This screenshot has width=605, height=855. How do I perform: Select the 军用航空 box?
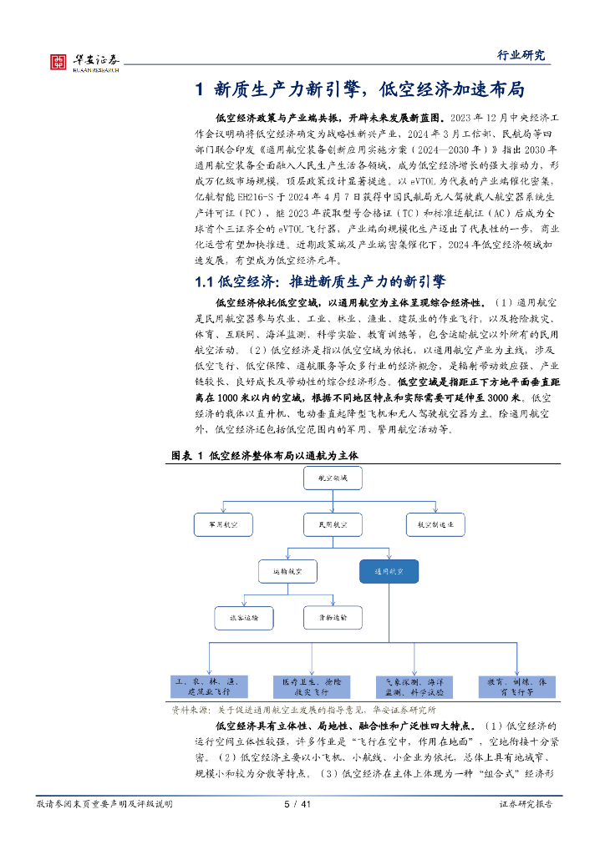216,524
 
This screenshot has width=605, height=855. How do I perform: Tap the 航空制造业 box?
435,524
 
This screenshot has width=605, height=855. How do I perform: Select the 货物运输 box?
332,618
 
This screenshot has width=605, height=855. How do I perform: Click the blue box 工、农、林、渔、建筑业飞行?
209,686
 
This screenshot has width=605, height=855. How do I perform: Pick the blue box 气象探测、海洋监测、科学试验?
414,686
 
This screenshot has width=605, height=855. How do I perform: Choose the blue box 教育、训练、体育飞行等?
517,686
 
